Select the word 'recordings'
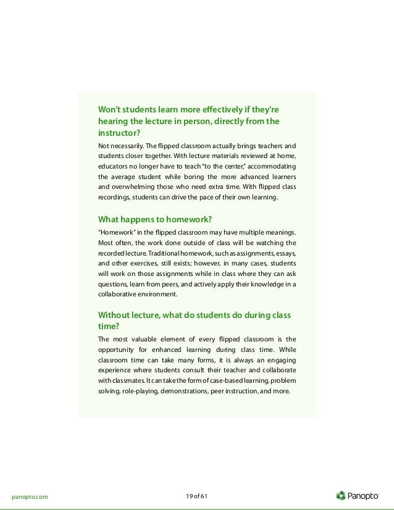pyautogui.click(x=115, y=198)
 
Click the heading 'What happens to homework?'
pyautogui.click(x=156, y=219)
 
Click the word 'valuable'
pyautogui.click(x=150, y=338)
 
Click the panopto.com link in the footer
pyautogui.click(x=30, y=495)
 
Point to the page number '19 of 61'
pyautogui.click(x=197, y=495)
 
